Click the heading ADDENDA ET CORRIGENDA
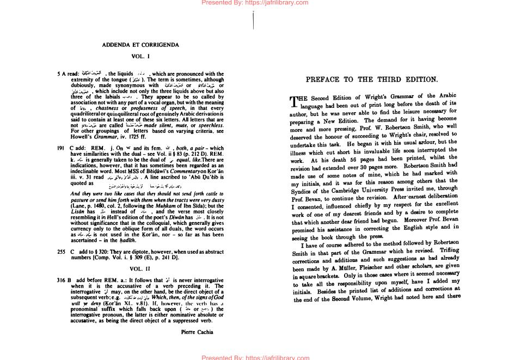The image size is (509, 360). [140, 45]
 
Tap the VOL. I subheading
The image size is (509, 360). [140, 57]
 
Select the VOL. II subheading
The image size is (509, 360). [140, 269]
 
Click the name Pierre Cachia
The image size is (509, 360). [197, 331]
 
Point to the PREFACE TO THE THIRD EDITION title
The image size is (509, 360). [372, 80]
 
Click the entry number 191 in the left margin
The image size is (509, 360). [61, 148]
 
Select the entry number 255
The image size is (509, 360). [61, 253]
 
